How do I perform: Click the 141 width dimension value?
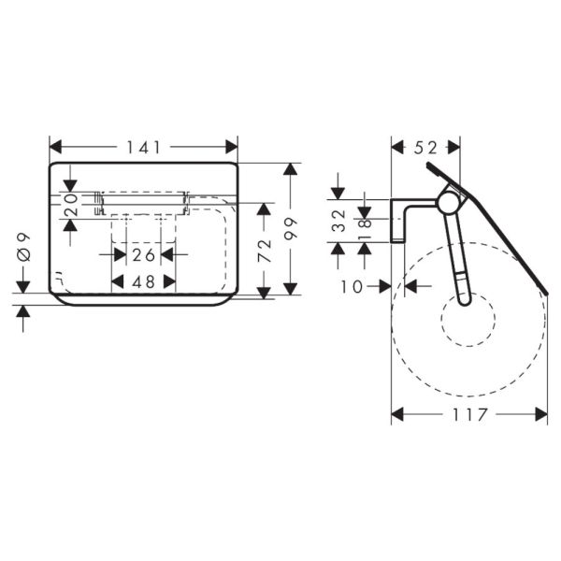tap(144, 147)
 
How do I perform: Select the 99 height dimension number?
tap(291, 229)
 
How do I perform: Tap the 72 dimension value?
tap(265, 251)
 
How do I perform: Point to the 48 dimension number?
tap(144, 282)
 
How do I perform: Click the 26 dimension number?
tap(144, 255)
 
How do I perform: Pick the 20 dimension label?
tap(71, 204)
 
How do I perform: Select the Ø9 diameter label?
tap(24, 248)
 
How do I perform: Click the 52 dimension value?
tap(425, 148)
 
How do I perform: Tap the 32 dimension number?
tap(338, 221)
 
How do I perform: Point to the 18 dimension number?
tap(365, 229)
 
